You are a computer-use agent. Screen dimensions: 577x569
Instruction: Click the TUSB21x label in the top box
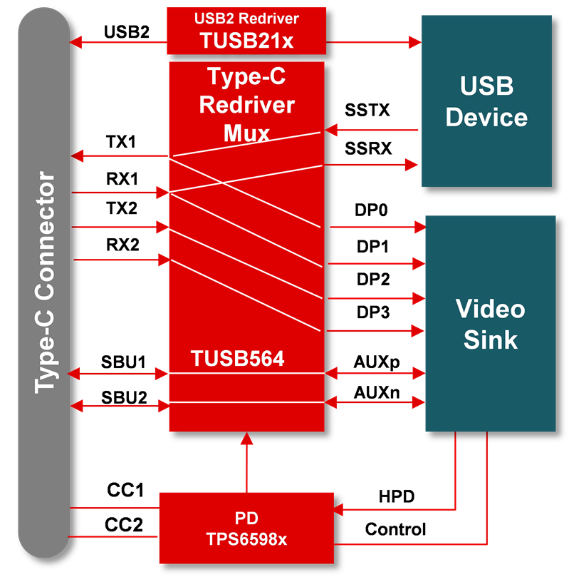coord(246,40)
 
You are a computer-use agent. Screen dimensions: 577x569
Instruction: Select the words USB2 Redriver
coord(246,18)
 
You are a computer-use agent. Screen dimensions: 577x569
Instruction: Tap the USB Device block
coord(486,101)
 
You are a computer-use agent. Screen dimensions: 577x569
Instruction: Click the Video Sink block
coord(490,324)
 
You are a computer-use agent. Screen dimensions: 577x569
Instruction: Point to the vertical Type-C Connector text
coord(45,282)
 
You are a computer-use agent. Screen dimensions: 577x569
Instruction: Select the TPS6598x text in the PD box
coord(246,539)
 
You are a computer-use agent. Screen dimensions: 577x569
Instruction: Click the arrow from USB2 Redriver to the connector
coord(118,43)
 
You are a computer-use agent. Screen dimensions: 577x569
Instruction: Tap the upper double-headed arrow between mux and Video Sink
coord(375,372)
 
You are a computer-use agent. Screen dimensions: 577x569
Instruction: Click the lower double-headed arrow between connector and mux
coord(118,405)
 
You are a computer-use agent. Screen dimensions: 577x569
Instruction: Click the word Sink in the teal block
coord(490,339)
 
